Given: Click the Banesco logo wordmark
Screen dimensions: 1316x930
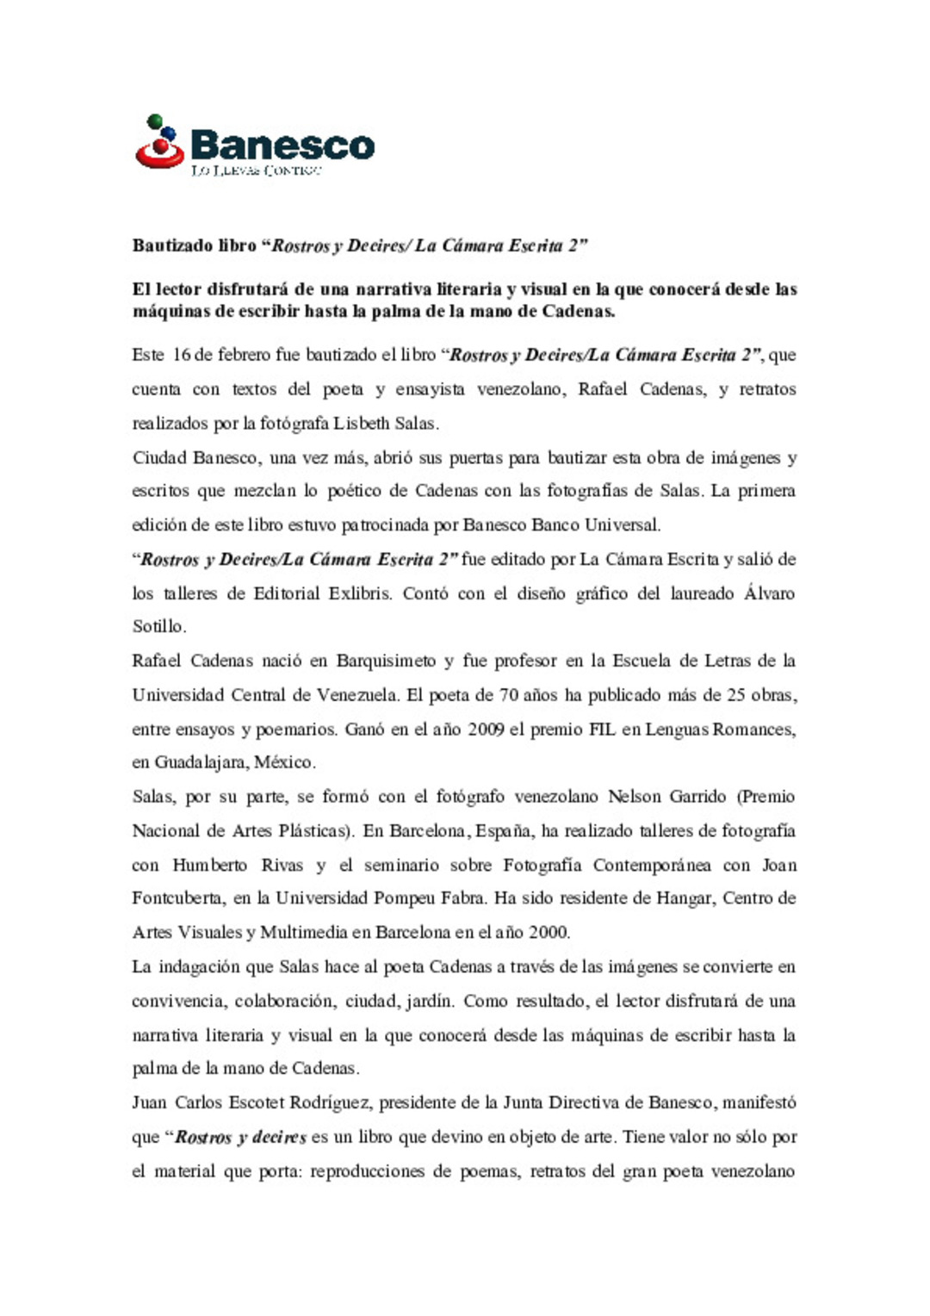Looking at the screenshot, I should click(282, 145).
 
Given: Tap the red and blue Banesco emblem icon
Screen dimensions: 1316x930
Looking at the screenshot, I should click(160, 142).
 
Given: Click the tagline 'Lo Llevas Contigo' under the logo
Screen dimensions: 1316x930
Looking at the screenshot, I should click(256, 171).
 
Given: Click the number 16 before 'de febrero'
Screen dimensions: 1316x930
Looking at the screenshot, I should click(181, 355).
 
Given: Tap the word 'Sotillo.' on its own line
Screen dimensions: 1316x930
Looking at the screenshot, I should click(158, 627).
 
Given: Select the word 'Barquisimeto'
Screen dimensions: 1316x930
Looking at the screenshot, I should click(386, 661).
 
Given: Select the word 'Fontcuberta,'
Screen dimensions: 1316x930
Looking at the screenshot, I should click(178, 898).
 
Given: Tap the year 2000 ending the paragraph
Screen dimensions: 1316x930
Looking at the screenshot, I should click(549, 933).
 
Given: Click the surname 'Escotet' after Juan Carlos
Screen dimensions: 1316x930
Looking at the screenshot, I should click(244, 1103).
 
